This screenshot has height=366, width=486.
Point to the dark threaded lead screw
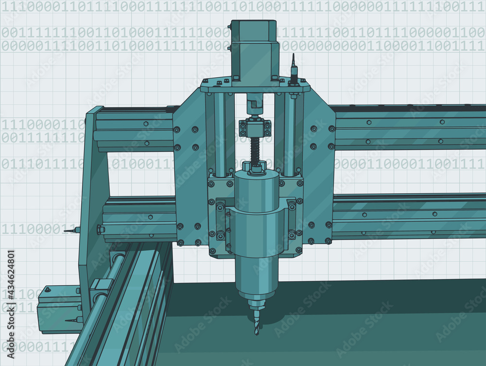click(x=254, y=150)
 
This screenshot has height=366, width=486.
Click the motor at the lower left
click(x=58, y=311)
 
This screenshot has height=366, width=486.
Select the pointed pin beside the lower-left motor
click(x=71, y=320)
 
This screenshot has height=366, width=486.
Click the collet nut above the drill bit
click(x=257, y=305)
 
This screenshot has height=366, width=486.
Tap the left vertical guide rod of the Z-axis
click(x=219, y=134)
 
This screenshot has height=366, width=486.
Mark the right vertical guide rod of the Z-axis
click(x=289, y=134)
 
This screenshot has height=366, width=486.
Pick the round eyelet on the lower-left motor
click(x=47, y=290)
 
